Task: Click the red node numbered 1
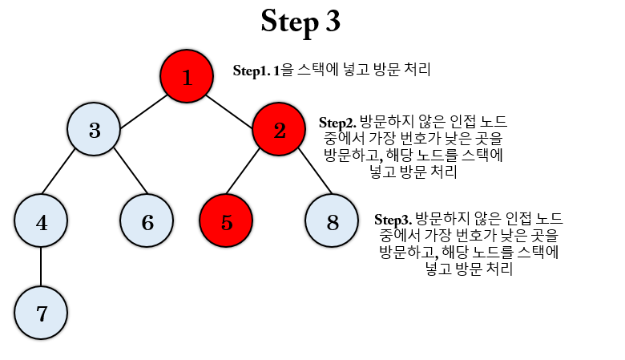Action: pyautogui.click(x=187, y=77)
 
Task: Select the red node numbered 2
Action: pyautogui.click(x=279, y=130)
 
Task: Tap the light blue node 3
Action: pyautogui.click(x=94, y=130)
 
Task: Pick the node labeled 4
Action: pyautogui.click(x=42, y=222)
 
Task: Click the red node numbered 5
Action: pyautogui.click(x=226, y=222)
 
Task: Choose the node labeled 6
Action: pyautogui.click(x=147, y=222)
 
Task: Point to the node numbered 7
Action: pyautogui.click(x=42, y=313)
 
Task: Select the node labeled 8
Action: pyautogui.click(x=332, y=222)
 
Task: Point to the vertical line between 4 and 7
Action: pyautogui.click(x=42, y=268)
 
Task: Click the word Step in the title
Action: pyautogui.click(x=289, y=22)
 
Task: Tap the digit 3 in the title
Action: pyautogui.click(x=333, y=22)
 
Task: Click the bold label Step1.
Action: pyautogui.click(x=251, y=71)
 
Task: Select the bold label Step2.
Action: pyautogui.click(x=337, y=123)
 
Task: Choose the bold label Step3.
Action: pyautogui.click(x=393, y=219)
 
